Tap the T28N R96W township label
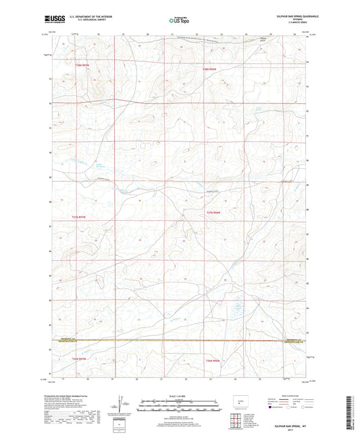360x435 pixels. tap(212, 68)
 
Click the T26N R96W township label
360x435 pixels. tap(213, 362)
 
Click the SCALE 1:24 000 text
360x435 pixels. tap(179, 394)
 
